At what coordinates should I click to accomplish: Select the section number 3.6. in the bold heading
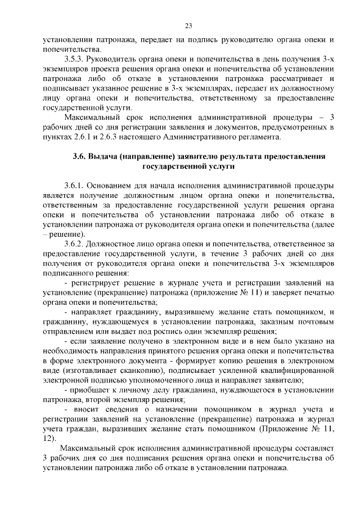click(82, 156)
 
